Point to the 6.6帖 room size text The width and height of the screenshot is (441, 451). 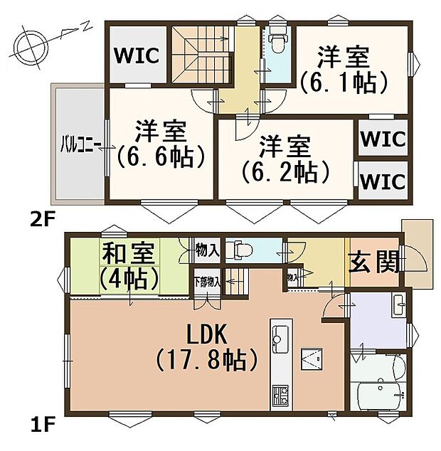coord(161,154)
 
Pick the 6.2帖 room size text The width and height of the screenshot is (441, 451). coord(285,171)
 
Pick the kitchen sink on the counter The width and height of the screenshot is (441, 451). coord(279,336)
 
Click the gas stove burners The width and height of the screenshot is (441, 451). coord(279,393)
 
